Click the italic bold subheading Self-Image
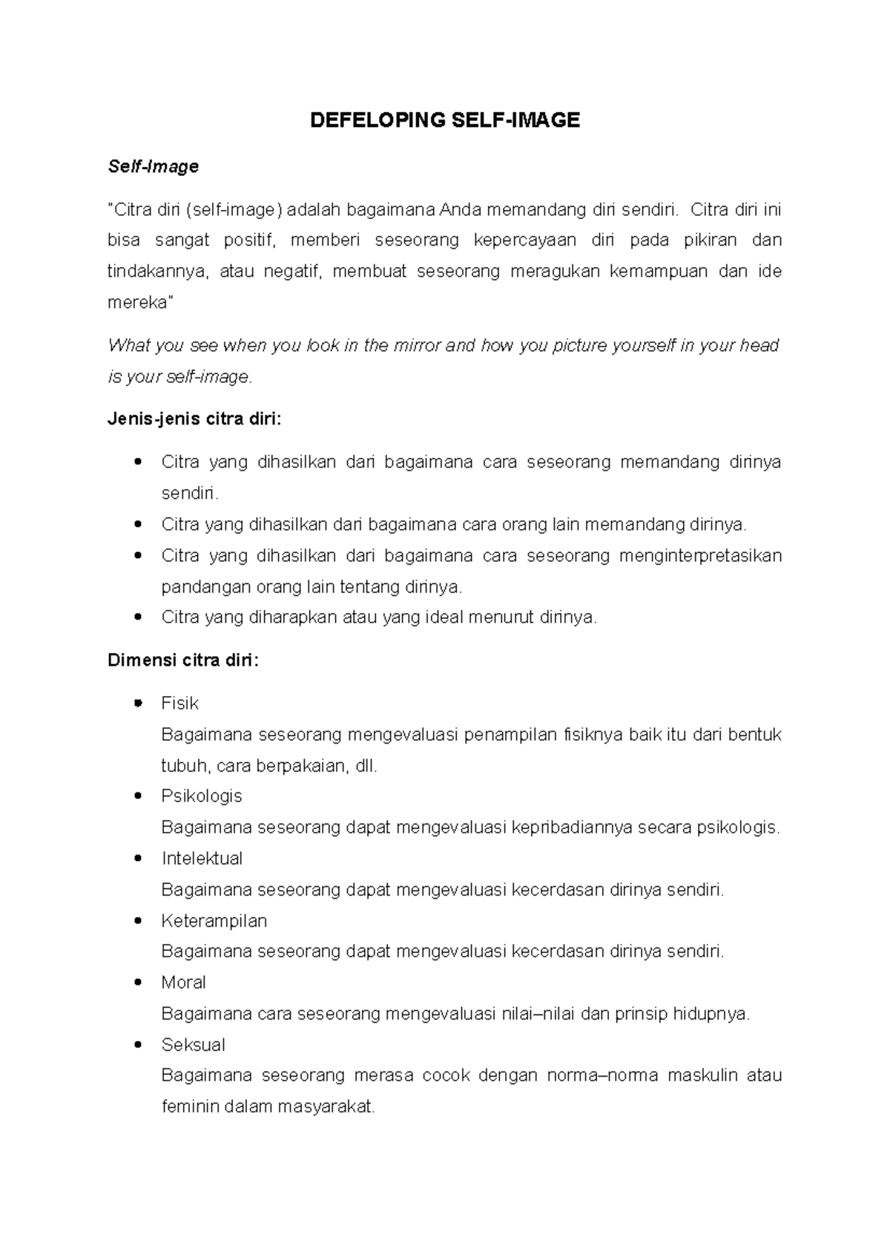click(x=154, y=167)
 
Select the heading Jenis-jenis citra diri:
click(x=194, y=419)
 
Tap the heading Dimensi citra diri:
click(x=183, y=660)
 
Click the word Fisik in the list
click(x=179, y=703)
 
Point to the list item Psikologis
click(x=202, y=796)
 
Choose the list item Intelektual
click(x=202, y=859)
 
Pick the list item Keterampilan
click(x=214, y=921)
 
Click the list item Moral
click(x=183, y=982)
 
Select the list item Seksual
click(x=193, y=1045)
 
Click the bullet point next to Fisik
click(x=137, y=703)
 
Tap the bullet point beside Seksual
click(x=137, y=1045)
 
